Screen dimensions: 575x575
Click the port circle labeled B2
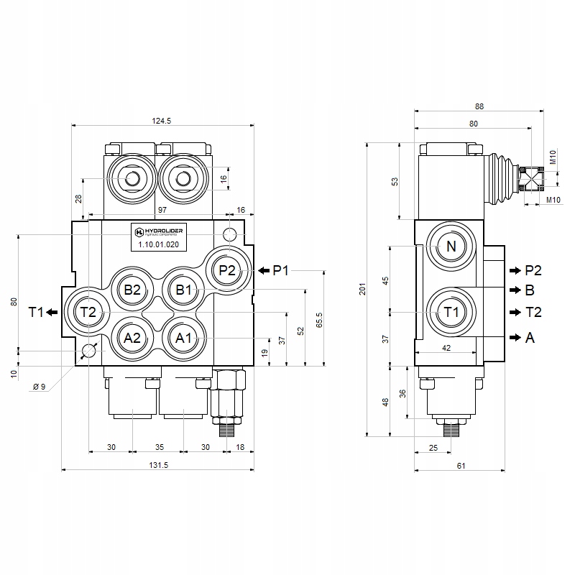[x=132, y=290]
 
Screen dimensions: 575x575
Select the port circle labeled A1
[x=183, y=338]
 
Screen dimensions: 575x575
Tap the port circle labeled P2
[x=227, y=270]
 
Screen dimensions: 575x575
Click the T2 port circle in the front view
[x=88, y=312]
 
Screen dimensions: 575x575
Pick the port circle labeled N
[x=451, y=247]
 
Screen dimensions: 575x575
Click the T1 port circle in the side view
[x=451, y=312]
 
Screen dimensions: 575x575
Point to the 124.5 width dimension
[x=162, y=121]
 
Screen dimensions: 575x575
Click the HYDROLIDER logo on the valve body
[x=157, y=231]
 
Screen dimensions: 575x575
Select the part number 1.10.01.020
[x=158, y=244]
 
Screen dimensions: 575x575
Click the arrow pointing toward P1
[x=264, y=270]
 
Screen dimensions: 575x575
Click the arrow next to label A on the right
[x=514, y=337]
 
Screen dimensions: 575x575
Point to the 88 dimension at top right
[x=479, y=106]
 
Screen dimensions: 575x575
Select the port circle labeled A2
[x=132, y=338]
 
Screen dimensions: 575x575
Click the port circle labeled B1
[x=183, y=290]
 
